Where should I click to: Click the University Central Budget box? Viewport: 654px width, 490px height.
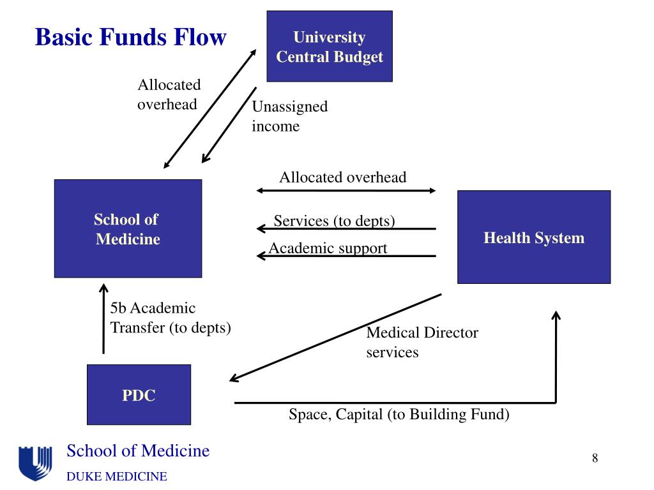tap(329, 46)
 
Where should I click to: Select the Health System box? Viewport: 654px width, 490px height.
tap(533, 237)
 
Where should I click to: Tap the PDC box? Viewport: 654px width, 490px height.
tap(139, 394)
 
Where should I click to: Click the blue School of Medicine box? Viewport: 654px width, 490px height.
tap(128, 228)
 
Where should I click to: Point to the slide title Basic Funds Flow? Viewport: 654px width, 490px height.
tap(130, 37)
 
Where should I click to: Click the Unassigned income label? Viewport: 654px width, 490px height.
tap(289, 116)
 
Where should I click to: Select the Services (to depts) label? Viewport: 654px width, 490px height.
tap(334, 221)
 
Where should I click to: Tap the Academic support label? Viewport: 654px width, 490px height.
tap(328, 248)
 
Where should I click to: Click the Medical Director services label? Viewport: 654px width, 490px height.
tap(422, 342)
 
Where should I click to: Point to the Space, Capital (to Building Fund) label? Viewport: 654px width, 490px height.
tap(399, 415)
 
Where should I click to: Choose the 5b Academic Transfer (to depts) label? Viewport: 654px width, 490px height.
tap(170, 318)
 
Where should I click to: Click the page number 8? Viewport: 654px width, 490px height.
tap(595, 457)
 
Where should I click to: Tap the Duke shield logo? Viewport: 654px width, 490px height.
tap(35, 463)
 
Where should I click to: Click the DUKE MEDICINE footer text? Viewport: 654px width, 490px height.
tap(117, 476)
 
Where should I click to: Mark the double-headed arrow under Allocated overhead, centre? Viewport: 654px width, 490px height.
tap(346, 190)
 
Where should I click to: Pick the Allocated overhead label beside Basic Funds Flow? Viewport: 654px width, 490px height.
tap(169, 94)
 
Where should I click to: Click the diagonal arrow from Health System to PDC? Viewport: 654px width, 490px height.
tap(335, 338)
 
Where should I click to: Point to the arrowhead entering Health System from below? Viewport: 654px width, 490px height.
tap(556, 315)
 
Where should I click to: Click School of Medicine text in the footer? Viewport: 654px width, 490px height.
tap(138, 450)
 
